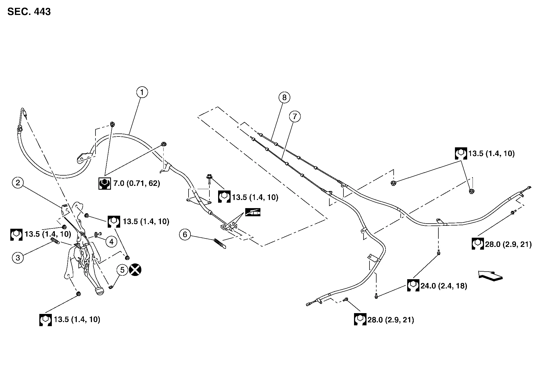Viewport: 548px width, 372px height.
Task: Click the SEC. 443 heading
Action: pos(29,12)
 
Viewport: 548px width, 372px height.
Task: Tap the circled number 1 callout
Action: pos(142,93)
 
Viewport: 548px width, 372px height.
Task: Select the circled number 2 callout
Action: pos(18,183)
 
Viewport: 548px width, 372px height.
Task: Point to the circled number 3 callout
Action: pos(18,257)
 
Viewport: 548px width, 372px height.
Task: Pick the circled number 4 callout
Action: pos(111,241)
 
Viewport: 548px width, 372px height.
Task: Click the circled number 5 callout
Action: pos(122,270)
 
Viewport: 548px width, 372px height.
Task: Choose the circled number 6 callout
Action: pos(185,234)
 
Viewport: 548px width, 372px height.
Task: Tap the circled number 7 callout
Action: pos(295,117)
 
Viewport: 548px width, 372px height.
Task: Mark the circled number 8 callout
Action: pos(284,97)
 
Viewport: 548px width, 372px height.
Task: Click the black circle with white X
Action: pos(135,270)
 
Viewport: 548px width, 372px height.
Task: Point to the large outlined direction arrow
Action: pos(490,276)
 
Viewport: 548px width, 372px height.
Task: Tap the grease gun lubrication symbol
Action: pos(253,212)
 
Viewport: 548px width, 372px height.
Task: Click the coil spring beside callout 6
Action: pos(219,243)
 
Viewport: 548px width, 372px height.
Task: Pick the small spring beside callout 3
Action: pos(55,240)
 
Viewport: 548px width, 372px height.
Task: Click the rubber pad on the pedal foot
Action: pos(100,291)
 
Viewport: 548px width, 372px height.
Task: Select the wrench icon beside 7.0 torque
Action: pos(104,183)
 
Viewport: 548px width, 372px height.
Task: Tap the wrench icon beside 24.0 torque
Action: pos(413,286)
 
